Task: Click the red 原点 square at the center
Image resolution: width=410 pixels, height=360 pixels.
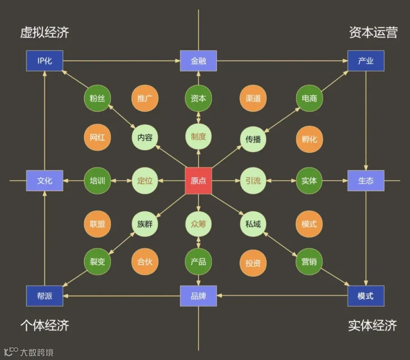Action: coord(198,180)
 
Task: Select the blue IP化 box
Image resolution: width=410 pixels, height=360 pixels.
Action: coord(45,61)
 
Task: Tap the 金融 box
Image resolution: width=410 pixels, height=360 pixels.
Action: coord(198,61)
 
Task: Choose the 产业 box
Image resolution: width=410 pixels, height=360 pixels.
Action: coord(366,61)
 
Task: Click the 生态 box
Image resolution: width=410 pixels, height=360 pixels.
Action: coord(366,180)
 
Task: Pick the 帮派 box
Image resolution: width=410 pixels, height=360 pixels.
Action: coord(45,296)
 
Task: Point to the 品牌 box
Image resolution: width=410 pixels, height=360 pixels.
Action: coord(198,296)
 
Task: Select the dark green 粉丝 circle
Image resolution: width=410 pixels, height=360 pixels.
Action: coord(97,98)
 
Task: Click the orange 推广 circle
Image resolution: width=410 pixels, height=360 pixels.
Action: coord(144,98)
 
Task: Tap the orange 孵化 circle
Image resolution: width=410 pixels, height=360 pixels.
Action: coord(309,139)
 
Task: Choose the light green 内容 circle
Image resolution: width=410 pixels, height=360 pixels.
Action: coord(144,137)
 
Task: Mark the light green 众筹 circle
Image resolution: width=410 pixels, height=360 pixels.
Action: coord(198,224)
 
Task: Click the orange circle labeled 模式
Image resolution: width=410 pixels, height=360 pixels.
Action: coord(309,224)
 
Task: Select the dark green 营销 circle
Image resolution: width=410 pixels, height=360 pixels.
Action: coord(309,262)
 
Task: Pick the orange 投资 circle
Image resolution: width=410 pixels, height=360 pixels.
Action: coord(253,263)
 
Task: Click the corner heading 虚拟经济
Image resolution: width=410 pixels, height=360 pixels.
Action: coord(45,32)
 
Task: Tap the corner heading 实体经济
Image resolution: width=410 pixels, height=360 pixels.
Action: coord(372,325)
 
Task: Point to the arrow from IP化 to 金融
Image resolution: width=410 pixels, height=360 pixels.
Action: coord(122,61)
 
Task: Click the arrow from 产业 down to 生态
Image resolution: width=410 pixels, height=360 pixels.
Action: coord(366,121)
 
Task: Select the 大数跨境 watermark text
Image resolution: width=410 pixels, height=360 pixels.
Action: coord(37,352)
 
